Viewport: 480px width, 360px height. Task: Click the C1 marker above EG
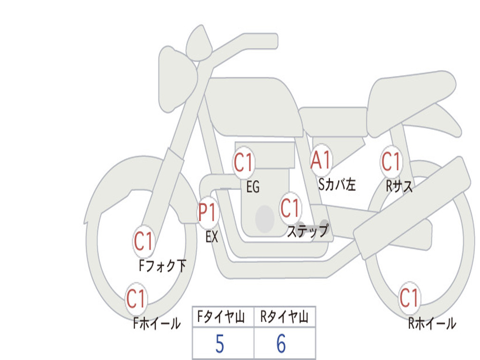point(244,163)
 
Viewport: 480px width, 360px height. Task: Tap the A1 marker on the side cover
point(322,160)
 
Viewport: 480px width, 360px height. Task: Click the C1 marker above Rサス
point(391,162)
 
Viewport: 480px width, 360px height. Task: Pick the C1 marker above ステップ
point(290,208)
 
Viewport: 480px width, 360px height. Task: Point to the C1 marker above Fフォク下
point(143,242)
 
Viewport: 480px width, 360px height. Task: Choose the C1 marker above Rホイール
point(409,298)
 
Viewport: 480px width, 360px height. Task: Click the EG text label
point(253,187)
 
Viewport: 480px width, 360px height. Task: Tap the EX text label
point(212,237)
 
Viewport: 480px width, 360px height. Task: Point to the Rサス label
point(399,187)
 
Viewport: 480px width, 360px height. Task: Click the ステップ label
point(307,232)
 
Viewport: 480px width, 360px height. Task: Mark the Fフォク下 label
point(162,266)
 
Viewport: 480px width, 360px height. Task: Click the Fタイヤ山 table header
point(223,318)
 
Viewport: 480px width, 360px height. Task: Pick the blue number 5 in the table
point(219,345)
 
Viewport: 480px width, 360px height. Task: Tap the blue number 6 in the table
point(281,345)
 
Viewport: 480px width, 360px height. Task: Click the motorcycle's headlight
point(176,77)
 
